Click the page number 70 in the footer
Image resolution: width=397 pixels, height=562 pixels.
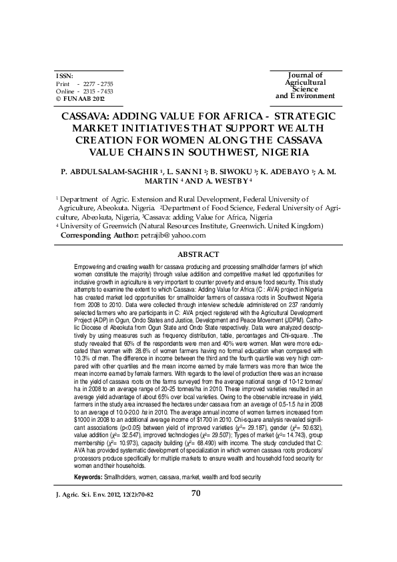pyautogui.click(x=196, y=512)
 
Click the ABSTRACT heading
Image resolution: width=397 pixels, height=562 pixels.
pyautogui.click(x=198, y=254)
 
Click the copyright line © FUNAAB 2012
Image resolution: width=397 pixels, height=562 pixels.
pyautogui.click(x=81, y=97)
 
